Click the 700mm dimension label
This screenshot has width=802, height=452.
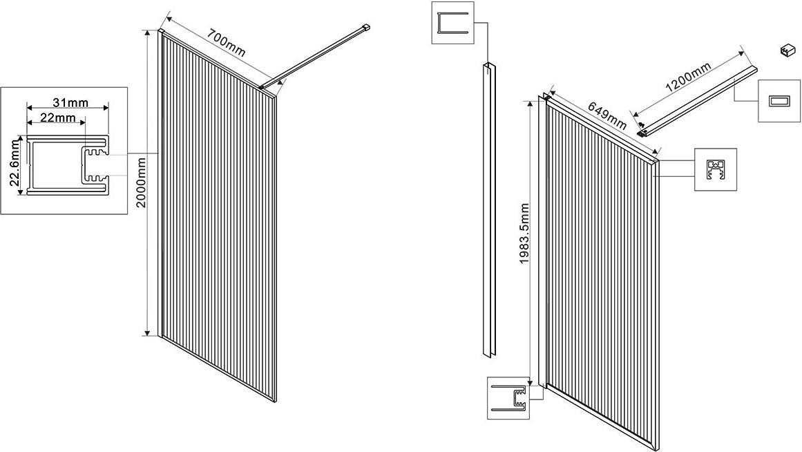click(226, 44)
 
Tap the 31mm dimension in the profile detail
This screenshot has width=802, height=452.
click(68, 103)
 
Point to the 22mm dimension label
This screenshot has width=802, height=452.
click(57, 118)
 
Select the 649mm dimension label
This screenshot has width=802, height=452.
click(607, 115)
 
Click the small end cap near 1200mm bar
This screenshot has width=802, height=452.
click(785, 50)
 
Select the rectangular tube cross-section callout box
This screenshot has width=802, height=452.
click(779, 101)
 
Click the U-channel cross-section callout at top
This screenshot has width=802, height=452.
click(452, 23)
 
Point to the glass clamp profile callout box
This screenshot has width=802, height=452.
click(715, 169)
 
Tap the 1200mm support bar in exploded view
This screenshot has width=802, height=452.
click(698, 97)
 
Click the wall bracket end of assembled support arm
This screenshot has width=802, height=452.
click(366, 28)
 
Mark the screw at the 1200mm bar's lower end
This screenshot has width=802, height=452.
click(642, 126)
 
